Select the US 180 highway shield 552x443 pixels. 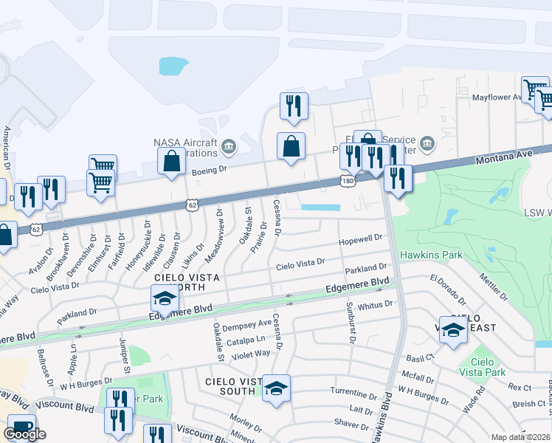pyautogui.click(x=347, y=181)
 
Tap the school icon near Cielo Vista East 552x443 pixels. pyautogui.click(x=453, y=332)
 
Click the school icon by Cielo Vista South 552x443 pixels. pyautogui.click(x=276, y=389)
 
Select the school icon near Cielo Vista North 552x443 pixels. pyautogui.click(x=165, y=298)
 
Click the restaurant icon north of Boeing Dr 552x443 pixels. pyautogui.click(x=294, y=106)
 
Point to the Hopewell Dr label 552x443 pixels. pyautogui.click(x=362, y=239)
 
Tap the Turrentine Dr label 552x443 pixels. pyautogui.click(x=354, y=390)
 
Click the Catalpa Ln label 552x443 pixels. pyautogui.click(x=246, y=340)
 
